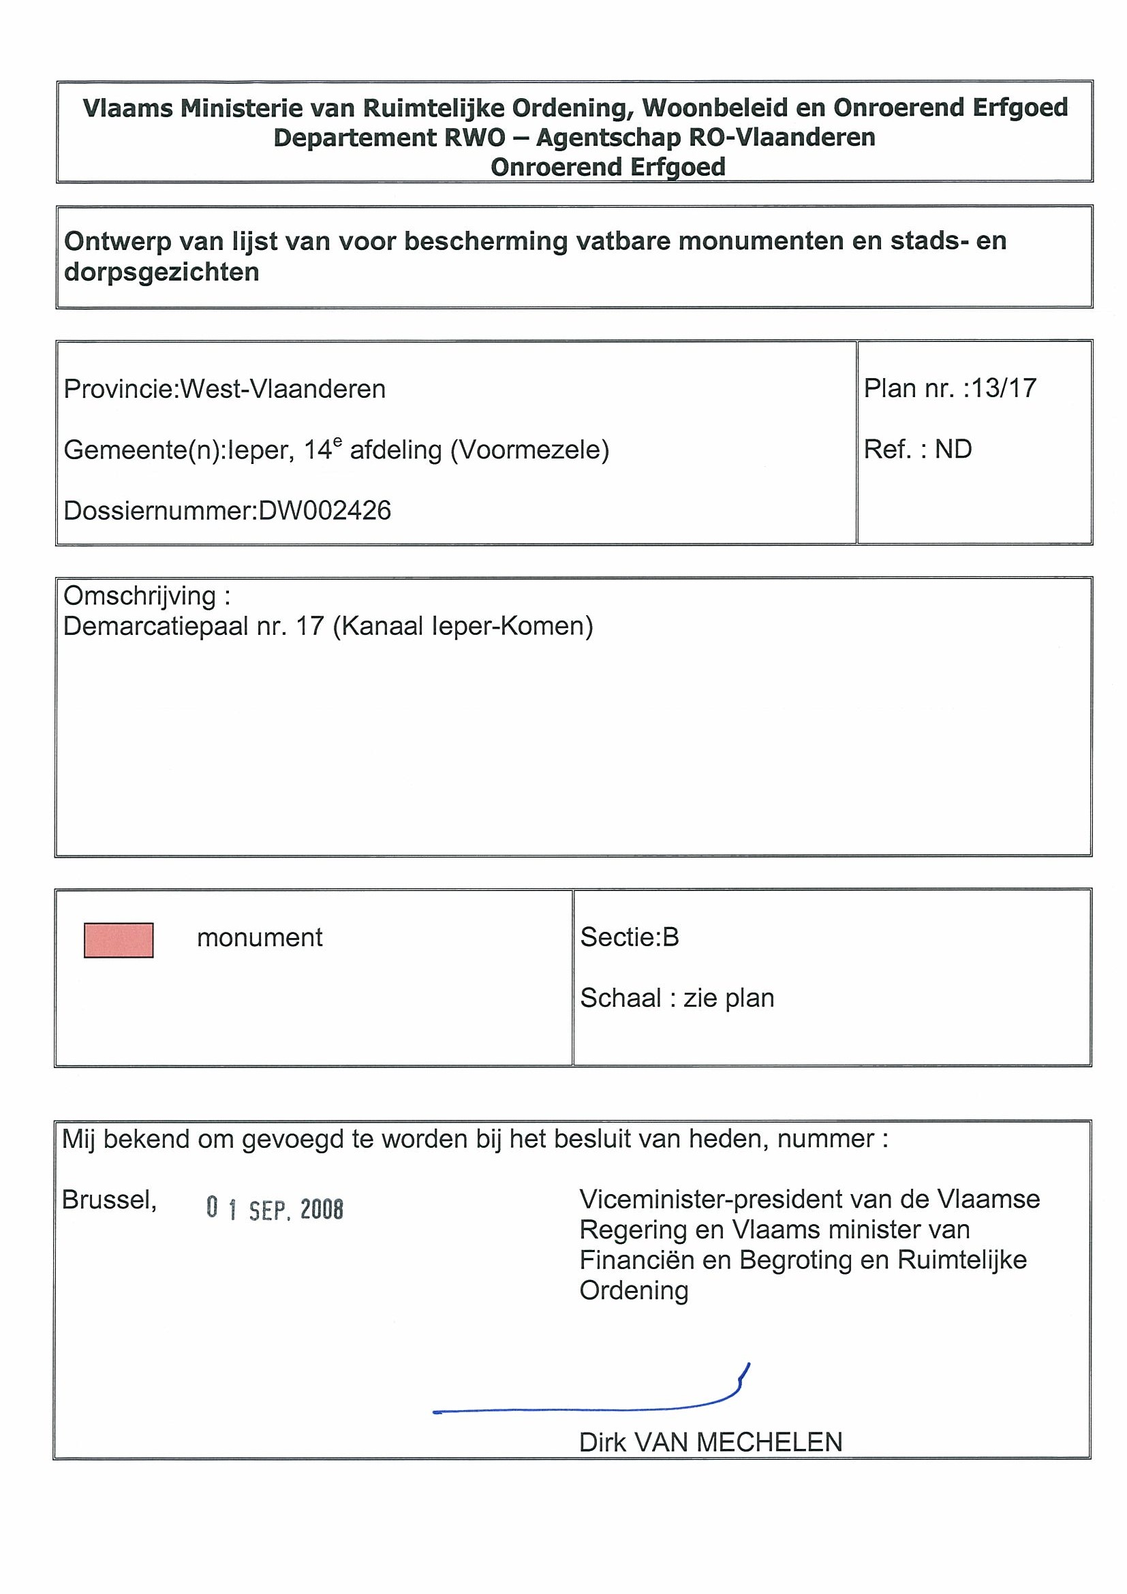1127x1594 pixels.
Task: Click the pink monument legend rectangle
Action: click(x=118, y=940)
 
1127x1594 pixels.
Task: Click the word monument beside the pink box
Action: click(x=260, y=938)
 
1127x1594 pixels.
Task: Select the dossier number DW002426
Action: click(x=324, y=511)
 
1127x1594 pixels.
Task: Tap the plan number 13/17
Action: click(x=1004, y=388)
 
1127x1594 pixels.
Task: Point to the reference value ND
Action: click(x=953, y=449)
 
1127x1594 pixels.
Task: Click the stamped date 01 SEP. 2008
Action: click(x=275, y=1209)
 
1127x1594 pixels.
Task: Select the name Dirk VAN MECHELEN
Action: click(x=711, y=1443)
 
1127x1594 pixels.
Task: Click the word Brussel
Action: click(x=109, y=1200)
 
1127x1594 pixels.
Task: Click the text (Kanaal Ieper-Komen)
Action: click(x=463, y=626)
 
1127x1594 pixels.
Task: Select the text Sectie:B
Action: click(x=629, y=937)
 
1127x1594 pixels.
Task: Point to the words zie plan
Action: click(x=728, y=999)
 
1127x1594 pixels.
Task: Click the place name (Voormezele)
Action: click(x=530, y=450)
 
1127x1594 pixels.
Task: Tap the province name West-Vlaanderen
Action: click(x=283, y=389)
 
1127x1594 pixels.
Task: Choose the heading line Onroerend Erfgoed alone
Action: click(x=608, y=168)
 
